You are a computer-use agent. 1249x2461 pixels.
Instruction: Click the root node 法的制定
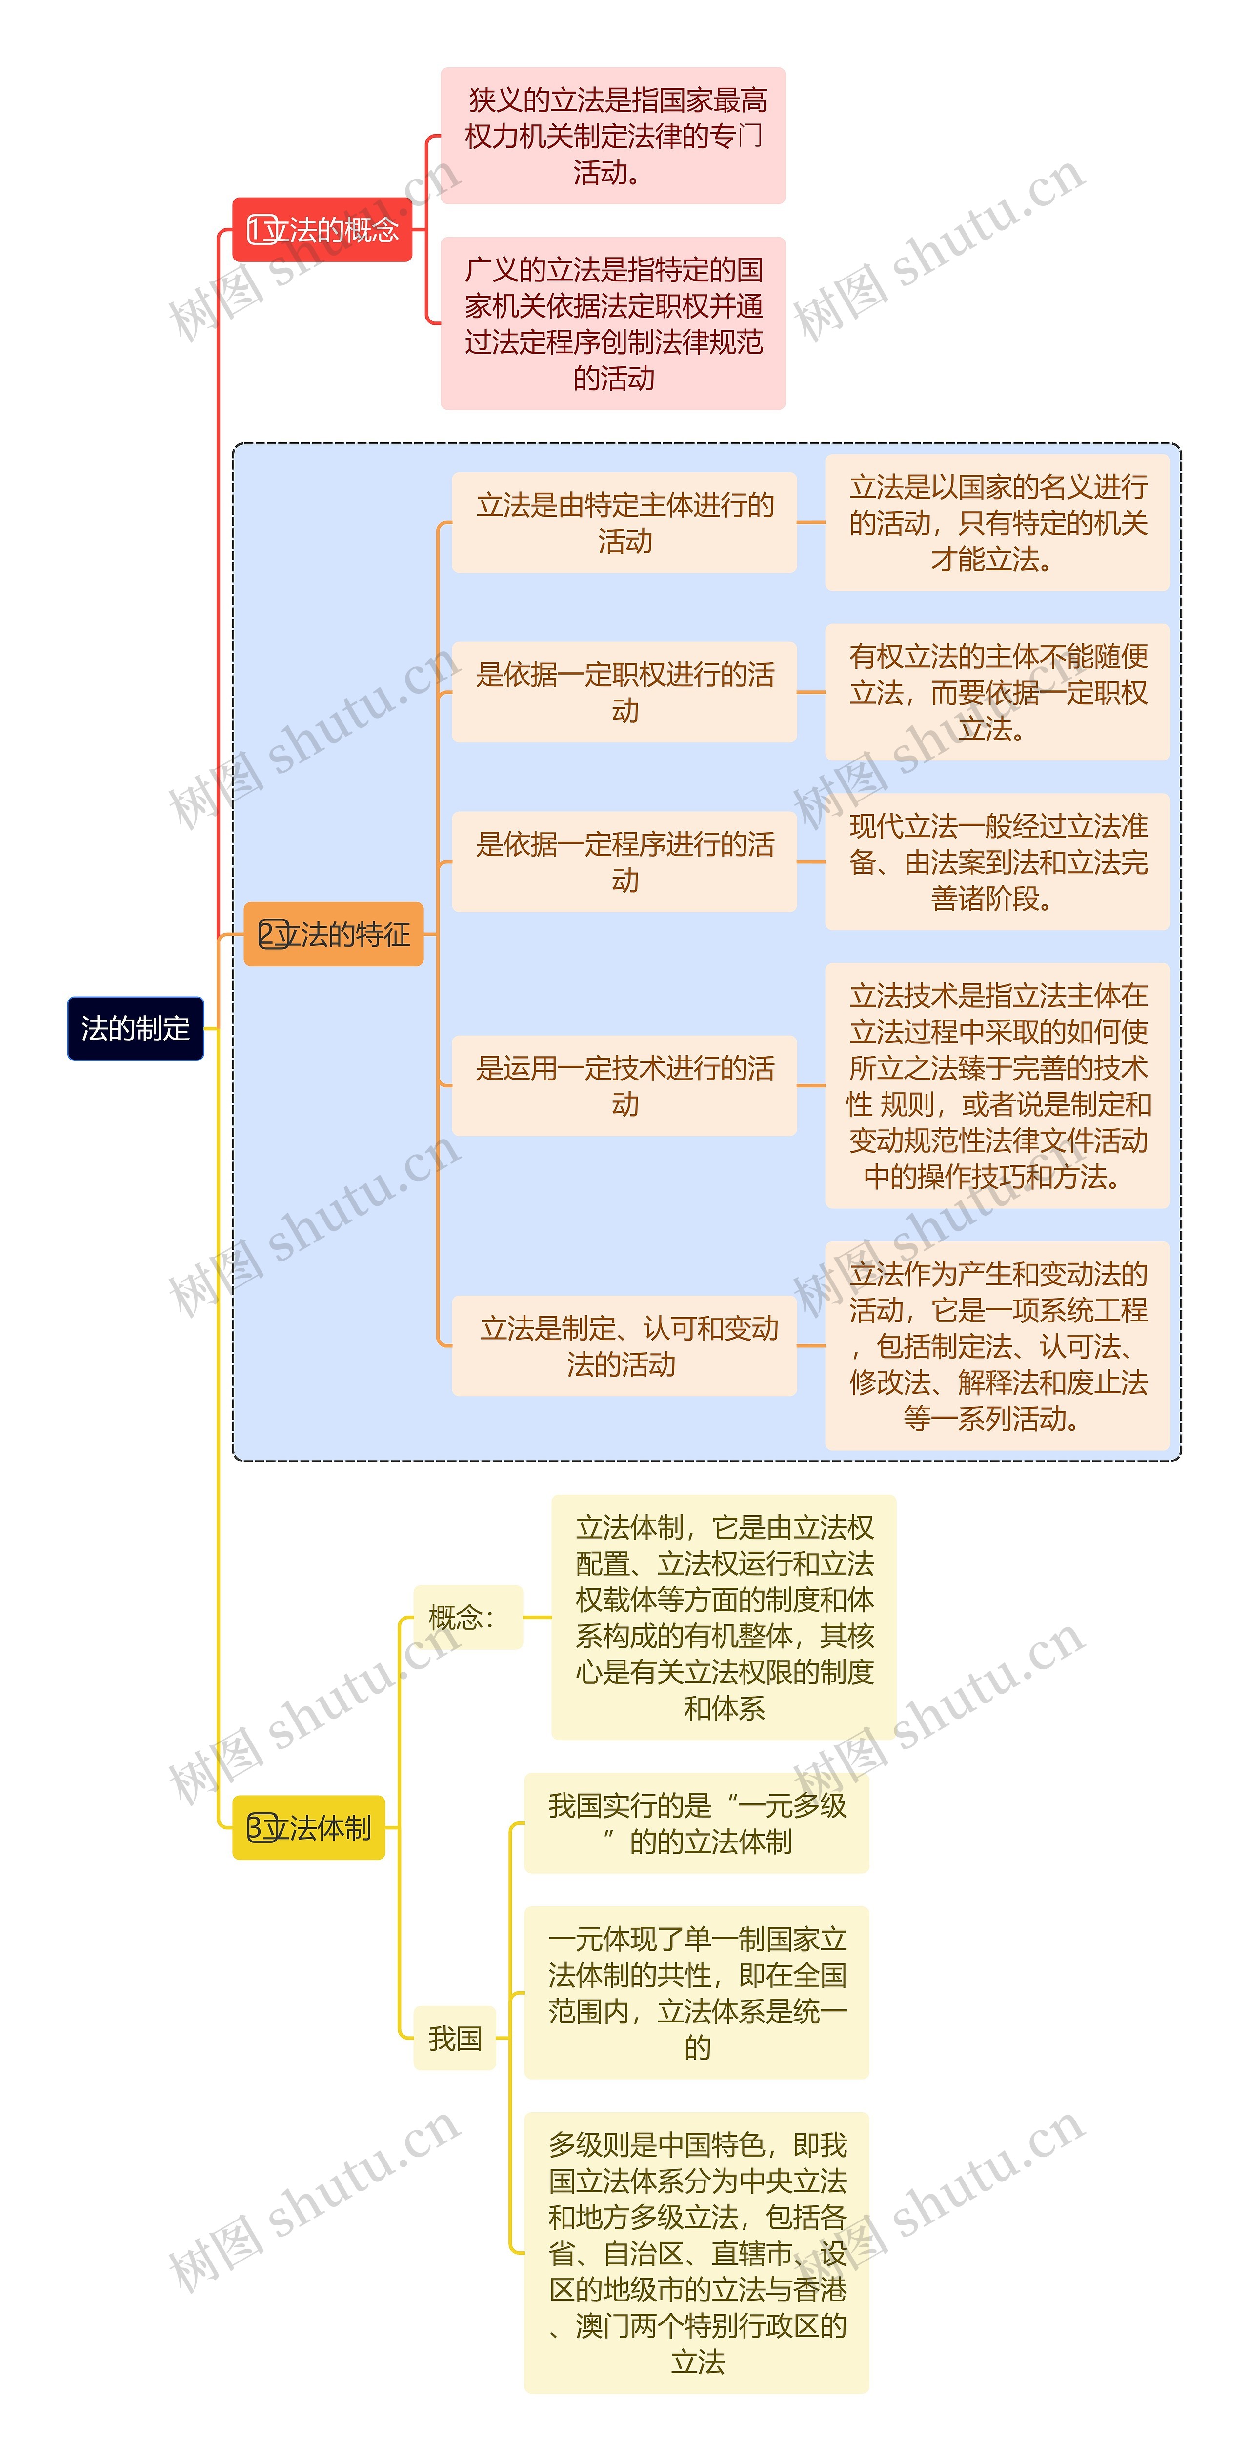136,1028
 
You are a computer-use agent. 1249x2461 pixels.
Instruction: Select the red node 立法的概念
322,229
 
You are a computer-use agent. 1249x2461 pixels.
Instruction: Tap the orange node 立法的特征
334,933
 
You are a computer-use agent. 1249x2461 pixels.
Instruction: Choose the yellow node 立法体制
309,1828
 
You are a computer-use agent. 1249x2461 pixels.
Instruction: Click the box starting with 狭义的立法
613,136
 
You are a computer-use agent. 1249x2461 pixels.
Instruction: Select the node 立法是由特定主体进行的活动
624,522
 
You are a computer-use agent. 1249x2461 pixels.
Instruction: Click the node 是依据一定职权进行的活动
624,692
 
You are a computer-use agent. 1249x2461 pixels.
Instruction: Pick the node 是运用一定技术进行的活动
624,1085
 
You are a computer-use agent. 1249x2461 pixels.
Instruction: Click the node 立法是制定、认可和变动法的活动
624,1345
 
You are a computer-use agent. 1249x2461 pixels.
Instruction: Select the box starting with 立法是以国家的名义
997,522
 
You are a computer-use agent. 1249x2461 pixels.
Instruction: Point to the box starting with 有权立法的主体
997,692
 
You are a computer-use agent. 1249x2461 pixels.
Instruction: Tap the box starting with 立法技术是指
997,1085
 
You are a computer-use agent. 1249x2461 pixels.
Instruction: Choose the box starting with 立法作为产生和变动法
997,1345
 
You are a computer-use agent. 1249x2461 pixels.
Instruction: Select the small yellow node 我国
455,2038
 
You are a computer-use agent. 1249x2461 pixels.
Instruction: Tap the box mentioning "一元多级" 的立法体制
697,1823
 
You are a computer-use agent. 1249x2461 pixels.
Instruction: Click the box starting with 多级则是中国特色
697,2252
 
